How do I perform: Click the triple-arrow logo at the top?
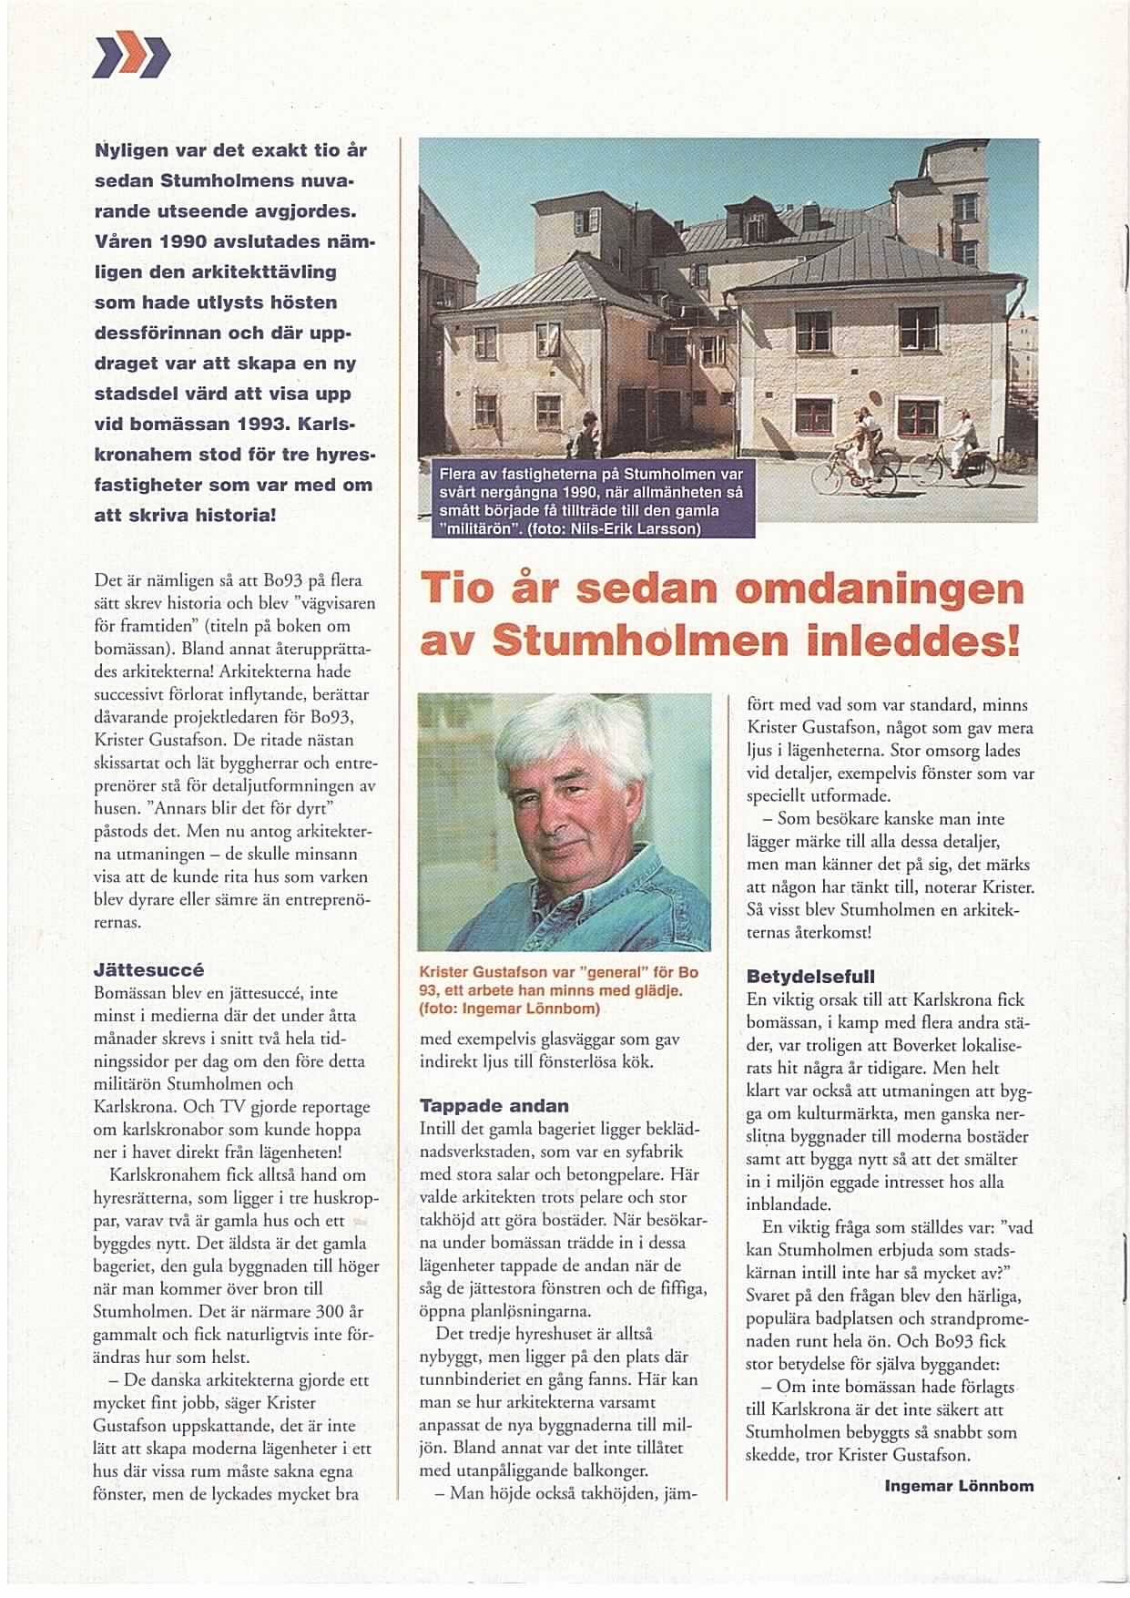(x=132, y=56)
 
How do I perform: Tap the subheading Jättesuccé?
(x=148, y=970)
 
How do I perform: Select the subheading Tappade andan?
(x=494, y=1106)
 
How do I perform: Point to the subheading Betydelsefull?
(x=798, y=976)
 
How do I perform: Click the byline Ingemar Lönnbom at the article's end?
(x=958, y=1486)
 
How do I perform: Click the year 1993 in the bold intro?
(x=266, y=425)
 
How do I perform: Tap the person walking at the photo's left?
(x=588, y=433)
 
